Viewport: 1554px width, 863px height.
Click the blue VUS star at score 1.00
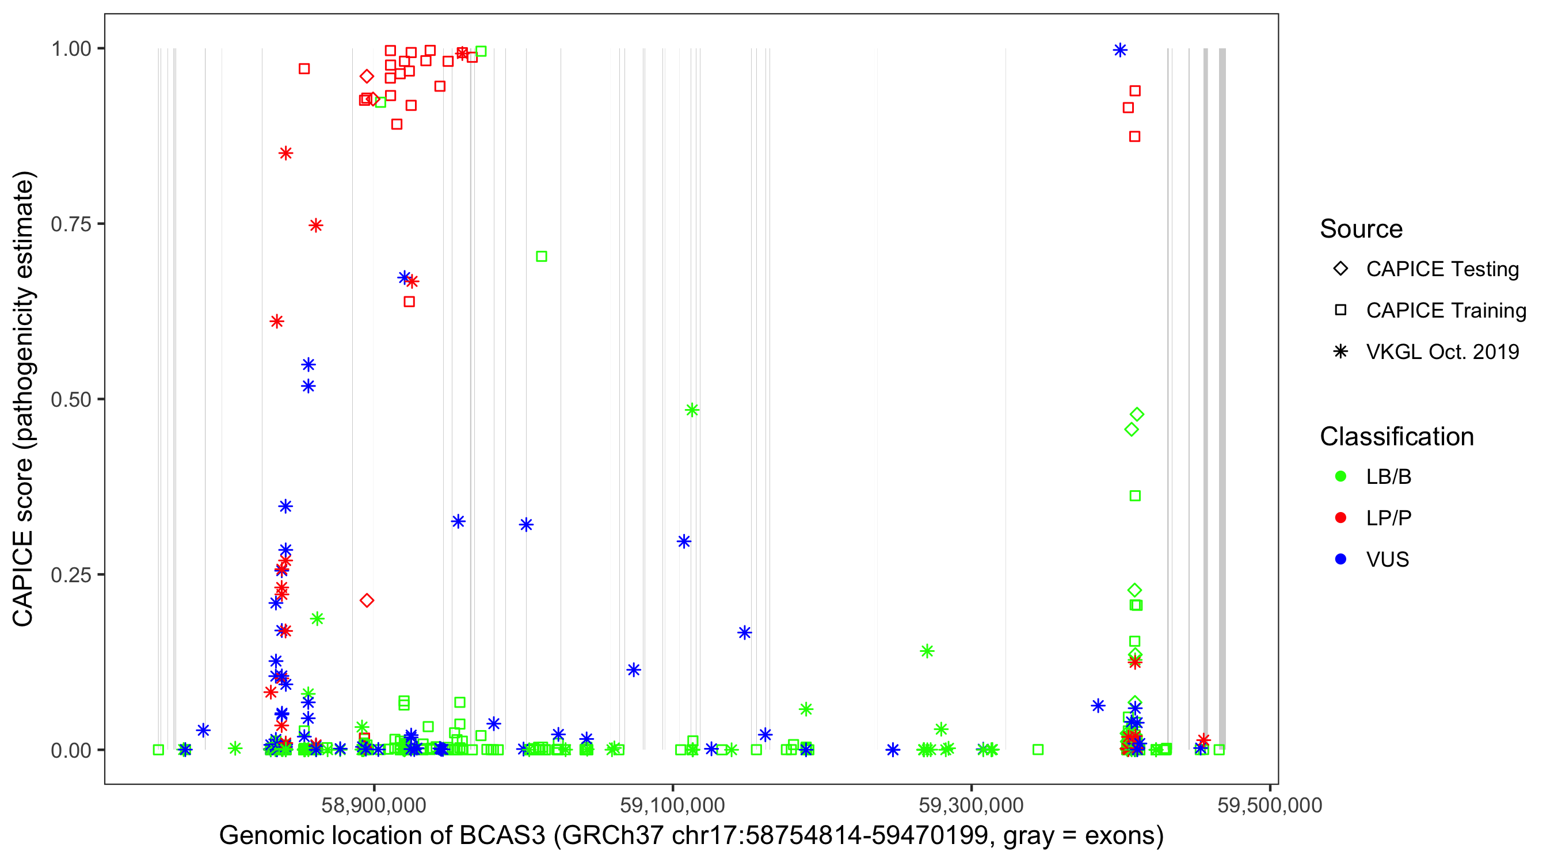(x=1119, y=50)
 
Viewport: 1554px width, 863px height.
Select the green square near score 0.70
(x=541, y=256)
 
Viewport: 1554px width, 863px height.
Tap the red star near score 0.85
(x=286, y=153)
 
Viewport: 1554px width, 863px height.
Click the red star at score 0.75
(x=315, y=226)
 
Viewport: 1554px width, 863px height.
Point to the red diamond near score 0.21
(x=367, y=600)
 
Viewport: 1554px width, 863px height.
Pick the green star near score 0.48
(x=692, y=410)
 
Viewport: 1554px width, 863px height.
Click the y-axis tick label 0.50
(x=71, y=399)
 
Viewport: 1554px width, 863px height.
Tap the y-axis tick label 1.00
(x=71, y=49)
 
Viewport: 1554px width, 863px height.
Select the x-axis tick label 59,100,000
(x=672, y=805)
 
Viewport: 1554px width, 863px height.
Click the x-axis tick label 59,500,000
(x=1269, y=805)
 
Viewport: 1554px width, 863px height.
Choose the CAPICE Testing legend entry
(x=1442, y=269)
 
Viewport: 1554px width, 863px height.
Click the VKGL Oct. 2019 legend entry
(x=1442, y=352)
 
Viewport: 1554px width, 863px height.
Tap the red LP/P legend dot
(x=1340, y=518)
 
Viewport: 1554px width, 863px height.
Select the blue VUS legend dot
(x=1340, y=559)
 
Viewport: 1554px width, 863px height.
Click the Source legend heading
(x=1361, y=229)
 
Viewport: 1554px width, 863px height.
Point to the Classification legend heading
(x=1396, y=437)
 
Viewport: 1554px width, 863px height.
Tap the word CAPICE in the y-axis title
(x=23, y=578)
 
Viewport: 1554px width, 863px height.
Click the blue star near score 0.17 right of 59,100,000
(x=744, y=633)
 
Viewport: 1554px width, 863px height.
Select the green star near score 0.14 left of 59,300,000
(x=927, y=651)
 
